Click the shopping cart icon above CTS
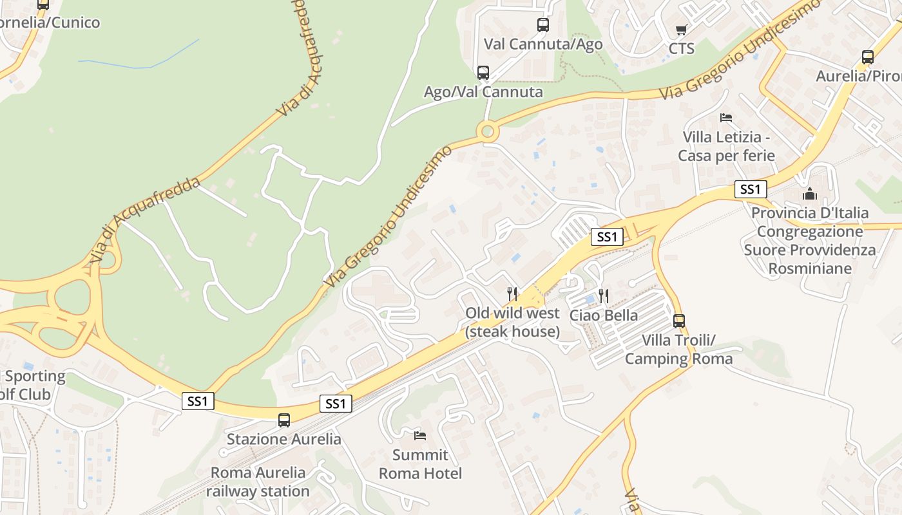click(681, 30)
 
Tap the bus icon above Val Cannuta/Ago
click(543, 25)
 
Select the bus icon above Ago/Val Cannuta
click(483, 73)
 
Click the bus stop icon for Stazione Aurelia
click(284, 420)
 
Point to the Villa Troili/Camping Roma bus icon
click(679, 321)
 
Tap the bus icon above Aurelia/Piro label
click(868, 57)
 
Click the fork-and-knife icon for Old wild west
click(512, 294)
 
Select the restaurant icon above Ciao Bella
click(604, 296)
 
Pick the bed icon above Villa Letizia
click(726, 118)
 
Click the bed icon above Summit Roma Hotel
click(420, 436)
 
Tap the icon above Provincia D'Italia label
click(810, 193)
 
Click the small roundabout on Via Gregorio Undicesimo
click(488, 132)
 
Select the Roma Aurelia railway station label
click(258, 482)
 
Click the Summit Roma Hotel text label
click(420, 464)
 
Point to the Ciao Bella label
click(604, 315)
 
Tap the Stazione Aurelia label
click(284, 440)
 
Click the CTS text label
click(681, 49)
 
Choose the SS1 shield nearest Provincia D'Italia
click(751, 189)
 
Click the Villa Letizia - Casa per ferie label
click(726, 146)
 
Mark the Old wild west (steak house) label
click(513, 323)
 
